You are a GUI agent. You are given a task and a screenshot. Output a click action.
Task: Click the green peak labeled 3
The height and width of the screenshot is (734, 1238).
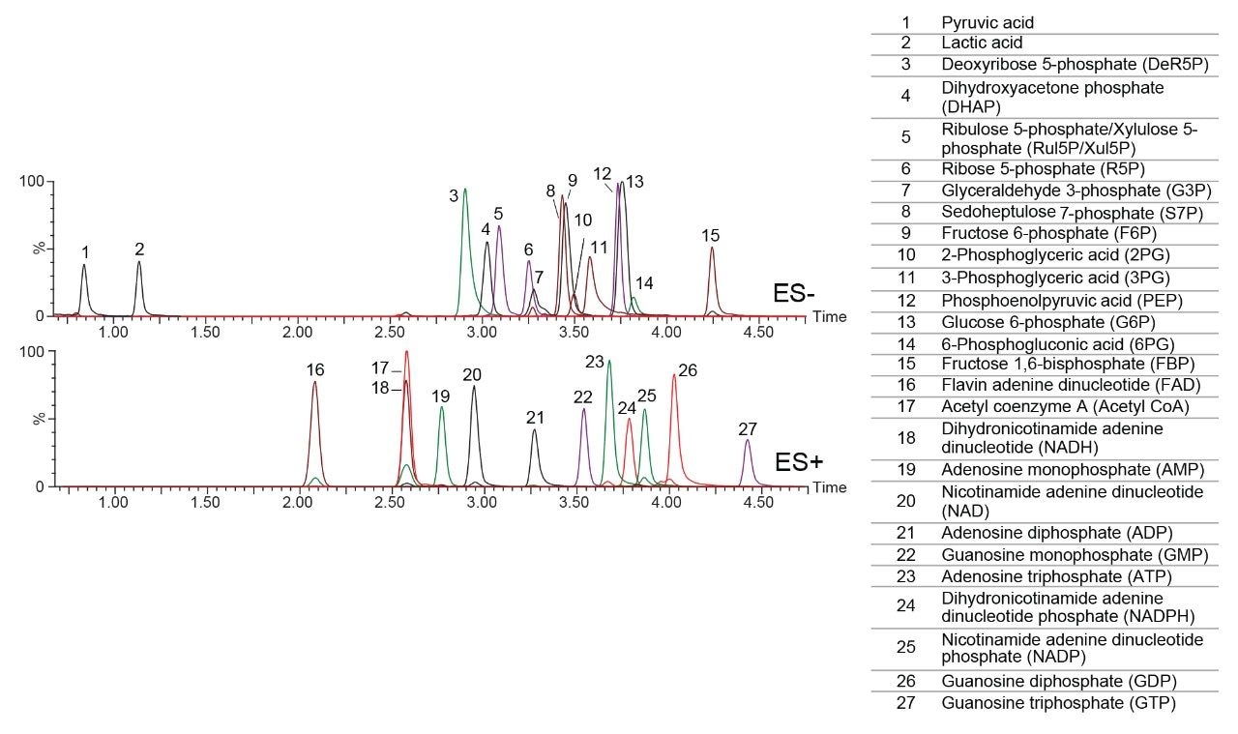pyautogui.click(x=465, y=193)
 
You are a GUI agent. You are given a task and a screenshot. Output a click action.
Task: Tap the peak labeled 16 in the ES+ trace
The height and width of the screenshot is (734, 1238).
pyautogui.click(x=314, y=387)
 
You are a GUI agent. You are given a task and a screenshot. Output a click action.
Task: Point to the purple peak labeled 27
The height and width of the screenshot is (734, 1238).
pyautogui.click(x=747, y=445)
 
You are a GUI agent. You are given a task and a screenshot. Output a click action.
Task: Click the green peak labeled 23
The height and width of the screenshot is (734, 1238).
pyautogui.click(x=608, y=367)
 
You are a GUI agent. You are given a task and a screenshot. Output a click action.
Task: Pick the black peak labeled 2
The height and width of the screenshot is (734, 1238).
pyautogui.click(x=139, y=266)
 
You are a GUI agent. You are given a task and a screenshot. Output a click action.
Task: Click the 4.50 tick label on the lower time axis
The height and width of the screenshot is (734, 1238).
pyautogui.click(x=757, y=504)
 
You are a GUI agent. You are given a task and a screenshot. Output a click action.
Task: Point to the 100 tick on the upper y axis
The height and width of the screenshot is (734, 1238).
pyautogui.click(x=35, y=182)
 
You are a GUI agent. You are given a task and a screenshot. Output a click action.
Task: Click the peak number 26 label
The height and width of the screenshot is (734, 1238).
pyautogui.click(x=688, y=369)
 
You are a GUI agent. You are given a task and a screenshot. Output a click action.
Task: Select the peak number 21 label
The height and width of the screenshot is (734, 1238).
pyautogui.click(x=536, y=418)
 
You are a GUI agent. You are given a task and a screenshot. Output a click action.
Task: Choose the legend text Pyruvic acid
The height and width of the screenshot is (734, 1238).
pyautogui.click(x=981, y=21)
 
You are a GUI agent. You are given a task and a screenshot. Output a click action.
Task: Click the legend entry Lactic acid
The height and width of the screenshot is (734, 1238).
pyautogui.click(x=982, y=43)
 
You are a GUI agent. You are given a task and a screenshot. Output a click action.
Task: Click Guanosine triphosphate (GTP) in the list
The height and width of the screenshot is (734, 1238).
pyautogui.click(x=1058, y=703)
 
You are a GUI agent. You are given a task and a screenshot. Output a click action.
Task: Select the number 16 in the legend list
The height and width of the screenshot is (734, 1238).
pyautogui.click(x=906, y=385)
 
